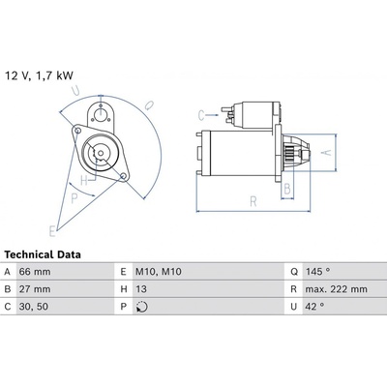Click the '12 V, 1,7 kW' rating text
(39, 75)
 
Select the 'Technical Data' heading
(43, 254)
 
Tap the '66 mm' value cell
(35, 272)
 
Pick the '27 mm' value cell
(35, 289)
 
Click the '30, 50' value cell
(34, 307)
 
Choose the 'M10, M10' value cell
(159, 272)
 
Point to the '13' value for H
(141, 289)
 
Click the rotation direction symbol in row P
(142, 307)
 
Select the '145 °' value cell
(318, 272)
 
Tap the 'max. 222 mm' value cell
(337, 289)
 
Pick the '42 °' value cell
(314, 307)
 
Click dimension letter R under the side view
(253, 201)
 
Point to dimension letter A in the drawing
(327, 152)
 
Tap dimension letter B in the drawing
(287, 189)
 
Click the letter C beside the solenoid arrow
(201, 115)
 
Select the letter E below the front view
(52, 231)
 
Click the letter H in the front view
(84, 181)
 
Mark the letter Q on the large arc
(149, 105)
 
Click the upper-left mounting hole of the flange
(77, 131)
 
